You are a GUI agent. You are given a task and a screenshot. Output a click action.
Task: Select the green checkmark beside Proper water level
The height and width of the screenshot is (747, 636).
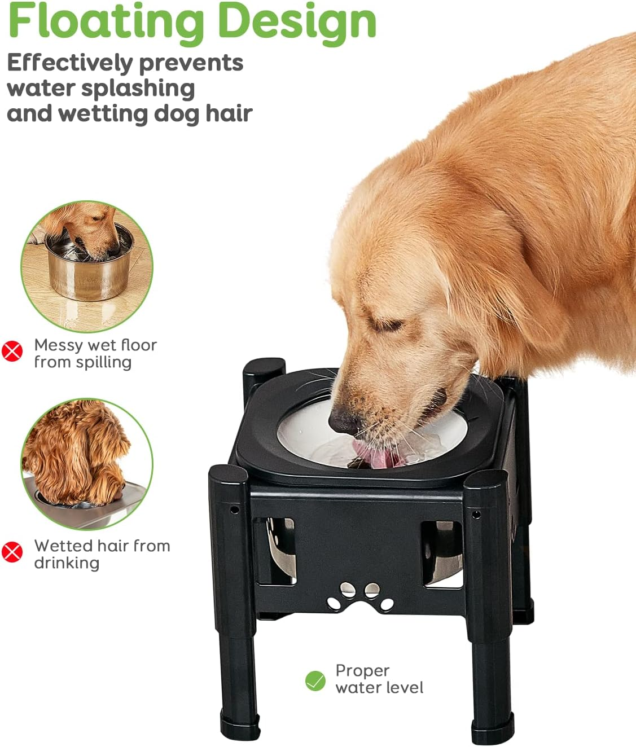(x=315, y=681)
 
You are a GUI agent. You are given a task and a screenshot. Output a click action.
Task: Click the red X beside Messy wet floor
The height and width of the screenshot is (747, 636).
(x=12, y=351)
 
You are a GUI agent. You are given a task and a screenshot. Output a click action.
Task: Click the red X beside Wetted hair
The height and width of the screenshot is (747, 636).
(x=12, y=552)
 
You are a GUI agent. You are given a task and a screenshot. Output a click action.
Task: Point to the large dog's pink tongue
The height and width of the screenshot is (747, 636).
(x=372, y=454)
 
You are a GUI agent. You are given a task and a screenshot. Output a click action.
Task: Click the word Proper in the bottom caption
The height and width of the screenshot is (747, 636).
(x=362, y=670)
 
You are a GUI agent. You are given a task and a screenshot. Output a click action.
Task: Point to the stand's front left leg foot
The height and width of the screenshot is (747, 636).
(x=240, y=728)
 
